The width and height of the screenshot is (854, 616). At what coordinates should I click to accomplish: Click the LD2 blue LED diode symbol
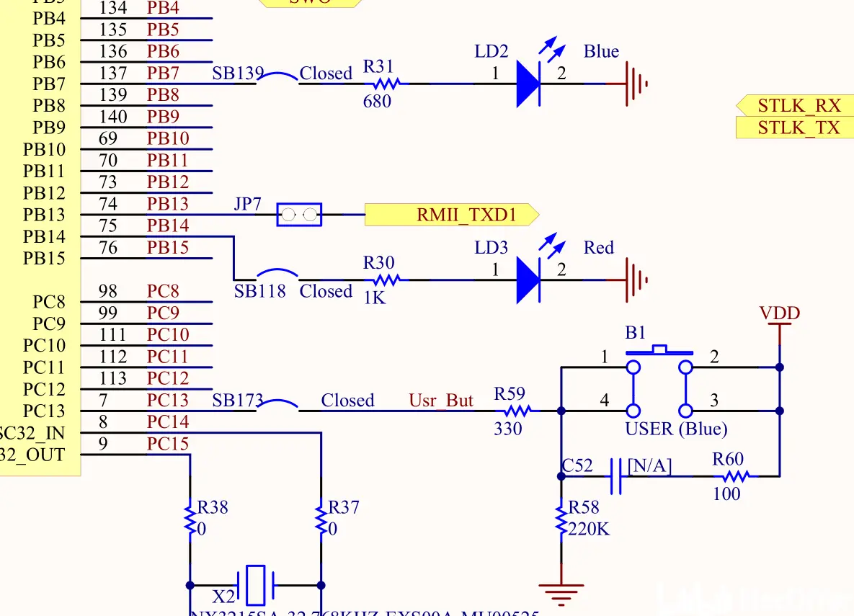528,84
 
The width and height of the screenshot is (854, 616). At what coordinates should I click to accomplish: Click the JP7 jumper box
299,214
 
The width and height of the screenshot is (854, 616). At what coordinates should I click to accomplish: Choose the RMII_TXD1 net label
452,215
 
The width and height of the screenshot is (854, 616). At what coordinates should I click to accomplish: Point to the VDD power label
780,314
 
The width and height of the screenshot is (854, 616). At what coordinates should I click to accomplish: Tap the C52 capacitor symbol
615,476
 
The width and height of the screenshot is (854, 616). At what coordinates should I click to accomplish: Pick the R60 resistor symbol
735,476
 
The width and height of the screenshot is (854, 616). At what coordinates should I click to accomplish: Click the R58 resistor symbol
561,520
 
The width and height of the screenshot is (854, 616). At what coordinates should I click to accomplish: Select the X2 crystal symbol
256,585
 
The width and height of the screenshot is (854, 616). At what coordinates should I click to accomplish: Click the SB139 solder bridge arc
278,76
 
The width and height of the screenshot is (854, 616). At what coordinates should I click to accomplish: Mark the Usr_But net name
441,401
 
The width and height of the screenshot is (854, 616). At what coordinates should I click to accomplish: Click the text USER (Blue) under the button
676,429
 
